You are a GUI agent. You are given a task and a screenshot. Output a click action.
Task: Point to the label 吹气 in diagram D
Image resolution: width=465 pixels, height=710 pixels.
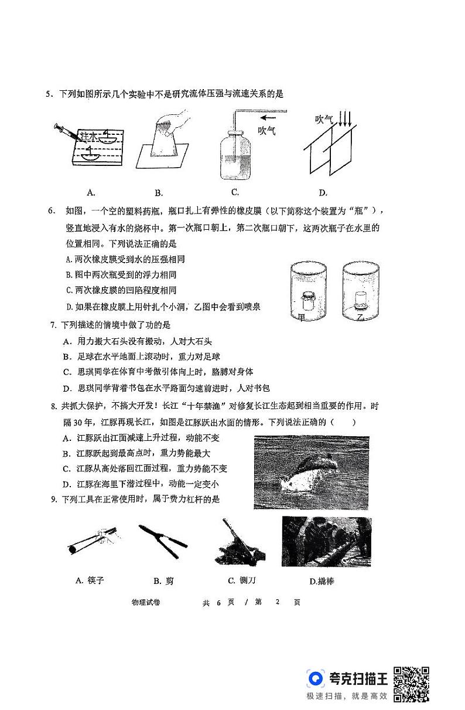coord(324,120)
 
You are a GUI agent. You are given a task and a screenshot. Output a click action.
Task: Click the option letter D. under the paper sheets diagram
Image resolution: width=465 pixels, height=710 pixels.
coord(323,192)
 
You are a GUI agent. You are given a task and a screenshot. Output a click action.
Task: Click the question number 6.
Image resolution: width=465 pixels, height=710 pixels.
coord(51,211)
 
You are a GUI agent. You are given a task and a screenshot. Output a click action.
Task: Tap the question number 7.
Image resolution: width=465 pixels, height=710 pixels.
coord(53,325)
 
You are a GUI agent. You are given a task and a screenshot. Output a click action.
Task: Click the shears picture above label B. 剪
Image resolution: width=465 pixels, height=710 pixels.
coord(163,542)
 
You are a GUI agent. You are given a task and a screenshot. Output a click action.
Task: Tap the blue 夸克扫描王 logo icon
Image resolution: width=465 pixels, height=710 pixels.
coord(317,679)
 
